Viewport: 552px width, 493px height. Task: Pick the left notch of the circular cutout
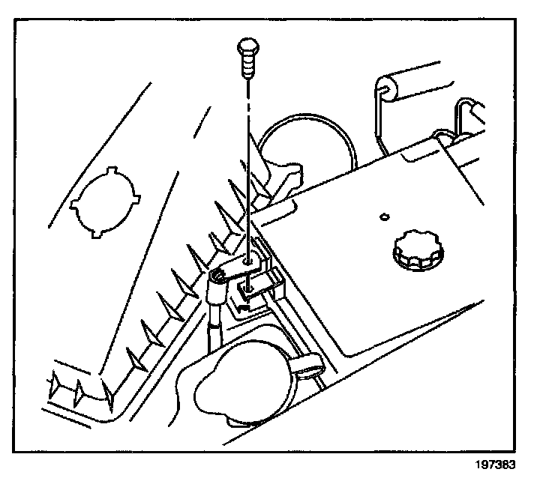pyautogui.click(x=73, y=203)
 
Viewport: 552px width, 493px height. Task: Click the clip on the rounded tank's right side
pyautogui.click(x=307, y=366)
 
